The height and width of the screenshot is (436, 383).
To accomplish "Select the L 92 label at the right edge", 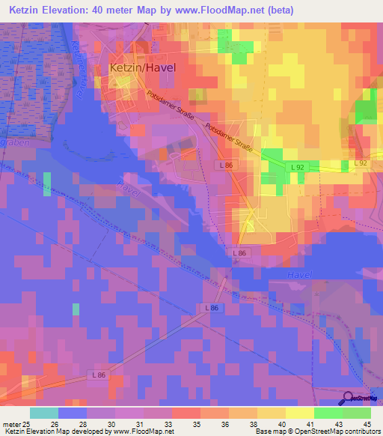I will (361, 163).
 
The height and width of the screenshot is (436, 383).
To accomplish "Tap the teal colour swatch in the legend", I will (43, 412).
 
